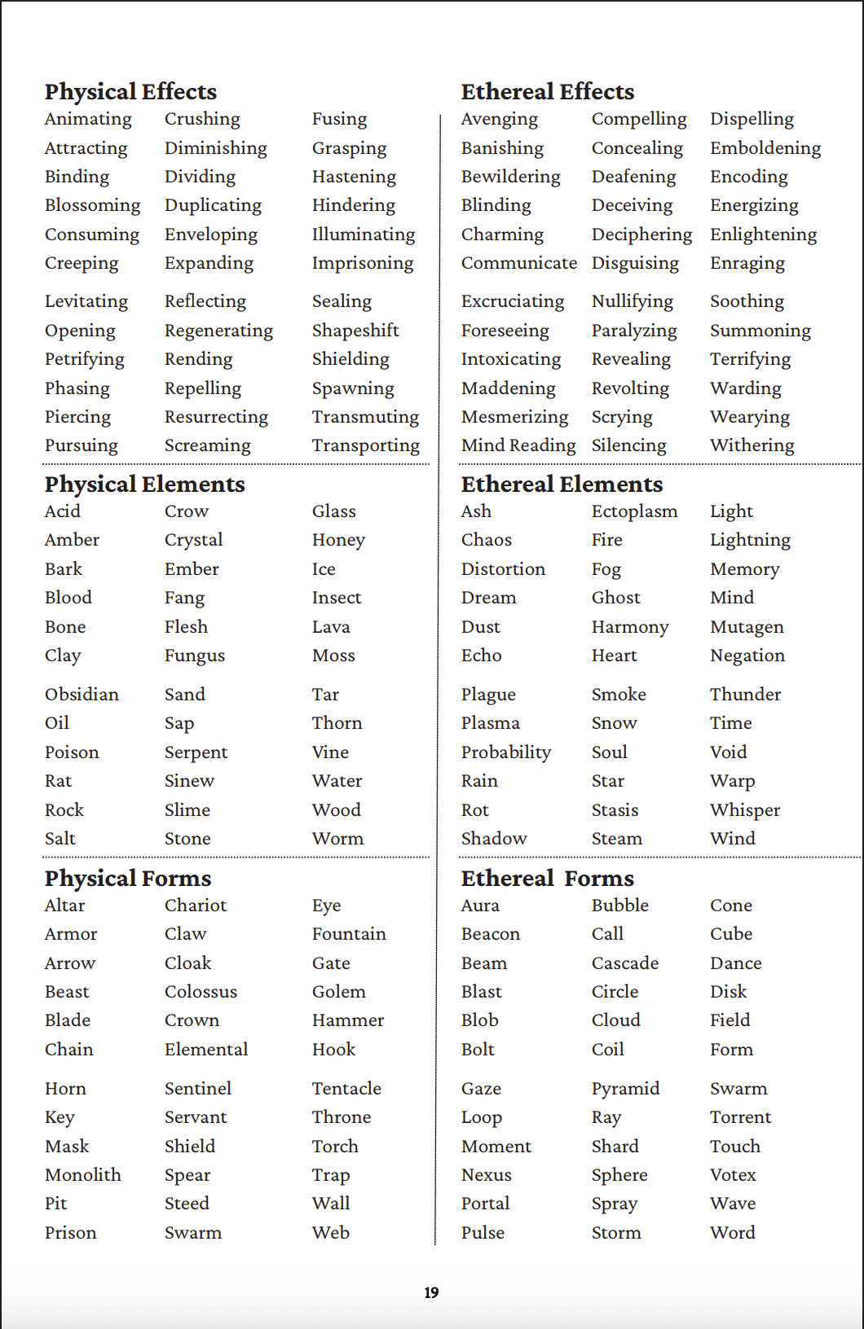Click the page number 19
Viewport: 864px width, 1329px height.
tap(431, 1292)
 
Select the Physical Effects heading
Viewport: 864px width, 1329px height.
tap(130, 91)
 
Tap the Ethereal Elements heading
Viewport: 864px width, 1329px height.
tap(562, 485)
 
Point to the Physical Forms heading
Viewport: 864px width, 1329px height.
tap(128, 878)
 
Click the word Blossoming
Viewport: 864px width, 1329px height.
tap(92, 205)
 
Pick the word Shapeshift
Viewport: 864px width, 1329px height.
tap(355, 331)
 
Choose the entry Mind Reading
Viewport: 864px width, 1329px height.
tap(518, 445)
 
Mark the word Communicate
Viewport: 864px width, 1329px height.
tap(518, 263)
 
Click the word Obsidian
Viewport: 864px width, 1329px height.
tap(82, 695)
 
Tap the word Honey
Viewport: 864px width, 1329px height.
tap(338, 540)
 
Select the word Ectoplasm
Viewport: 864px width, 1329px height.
tap(634, 511)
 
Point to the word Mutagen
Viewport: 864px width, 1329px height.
tap(747, 627)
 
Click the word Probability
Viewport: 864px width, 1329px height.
tap(505, 752)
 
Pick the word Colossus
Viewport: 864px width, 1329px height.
tap(201, 992)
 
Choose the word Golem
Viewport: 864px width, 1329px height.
tap(338, 992)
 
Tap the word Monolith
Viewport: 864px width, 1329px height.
tap(82, 1175)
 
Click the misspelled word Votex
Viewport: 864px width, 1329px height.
tap(733, 1175)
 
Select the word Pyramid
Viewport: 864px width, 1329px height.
tap(625, 1089)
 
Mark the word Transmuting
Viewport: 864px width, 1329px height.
tap(365, 417)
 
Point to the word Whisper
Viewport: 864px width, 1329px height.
tap(745, 810)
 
